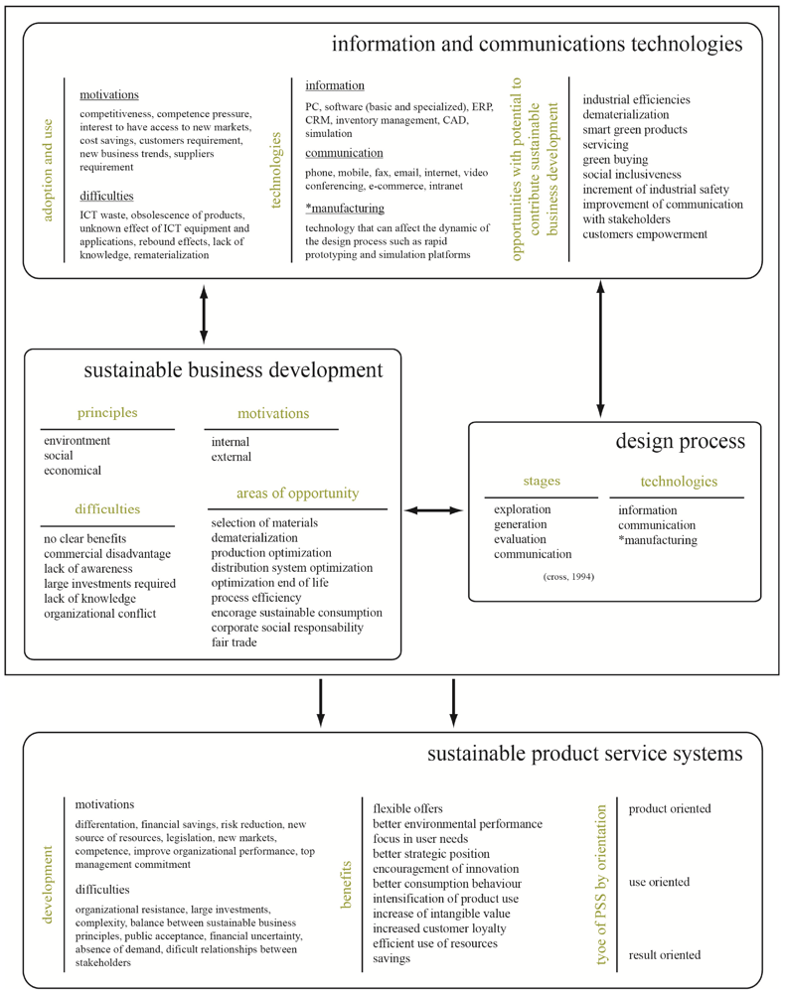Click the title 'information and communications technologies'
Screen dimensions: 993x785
click(537, 45)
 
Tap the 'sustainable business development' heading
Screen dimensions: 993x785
click(234, 370)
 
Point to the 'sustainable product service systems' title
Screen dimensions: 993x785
click(584, 754)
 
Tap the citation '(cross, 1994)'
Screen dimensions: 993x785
click(568, 577)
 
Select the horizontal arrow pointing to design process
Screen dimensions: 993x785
click(434, 510)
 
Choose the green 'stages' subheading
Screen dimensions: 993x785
click(541, 482)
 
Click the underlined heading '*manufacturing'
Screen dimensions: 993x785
click(344, 209)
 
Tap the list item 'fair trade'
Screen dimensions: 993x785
click(235, 642)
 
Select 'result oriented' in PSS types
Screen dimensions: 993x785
click(665, 955)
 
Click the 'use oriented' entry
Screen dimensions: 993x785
click(659, 882)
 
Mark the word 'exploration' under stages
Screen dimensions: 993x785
click(523, 510)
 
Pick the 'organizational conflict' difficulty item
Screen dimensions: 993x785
click(99, 613)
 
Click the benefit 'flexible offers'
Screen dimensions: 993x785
click(408, 808)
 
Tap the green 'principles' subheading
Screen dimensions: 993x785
click(107, 412)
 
